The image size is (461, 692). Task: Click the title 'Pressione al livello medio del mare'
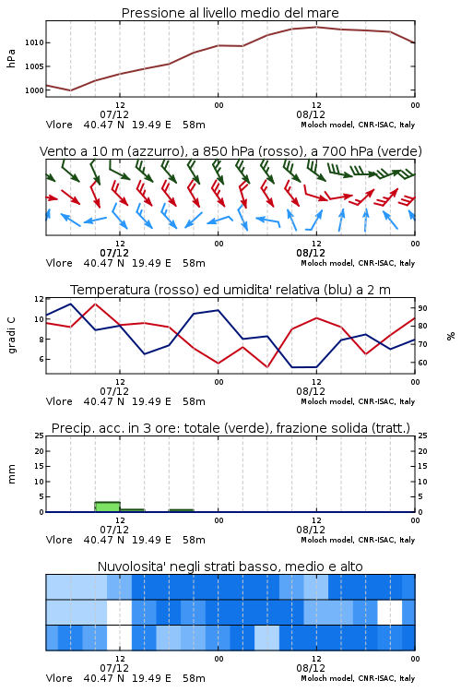point(230,13)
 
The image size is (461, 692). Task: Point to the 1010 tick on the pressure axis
point(34,42)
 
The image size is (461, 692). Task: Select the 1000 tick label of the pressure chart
point(34,90)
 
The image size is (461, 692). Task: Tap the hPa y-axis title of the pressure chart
point(11,58)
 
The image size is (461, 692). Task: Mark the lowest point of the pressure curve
point(71,90)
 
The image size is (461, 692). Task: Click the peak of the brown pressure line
point(316,27)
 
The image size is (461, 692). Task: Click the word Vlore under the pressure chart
point(59,125)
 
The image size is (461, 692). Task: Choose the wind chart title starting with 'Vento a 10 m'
point(230,151)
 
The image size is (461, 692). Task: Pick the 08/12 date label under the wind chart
point(311,254)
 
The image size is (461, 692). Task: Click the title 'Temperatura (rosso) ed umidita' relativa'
point(230,290)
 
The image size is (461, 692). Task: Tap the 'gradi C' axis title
point(11,336)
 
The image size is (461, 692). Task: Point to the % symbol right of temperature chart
point(451,336)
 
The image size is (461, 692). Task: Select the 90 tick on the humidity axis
point(422,308)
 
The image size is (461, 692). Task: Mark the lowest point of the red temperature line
point(266,367)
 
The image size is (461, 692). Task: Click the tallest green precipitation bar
point(108,507)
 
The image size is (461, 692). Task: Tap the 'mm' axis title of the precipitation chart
point(11,474)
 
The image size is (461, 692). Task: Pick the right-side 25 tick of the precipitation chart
point(422,435)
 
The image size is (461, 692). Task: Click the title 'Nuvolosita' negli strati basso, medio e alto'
point(230,567)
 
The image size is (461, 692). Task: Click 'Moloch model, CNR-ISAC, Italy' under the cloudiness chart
point(358,678)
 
